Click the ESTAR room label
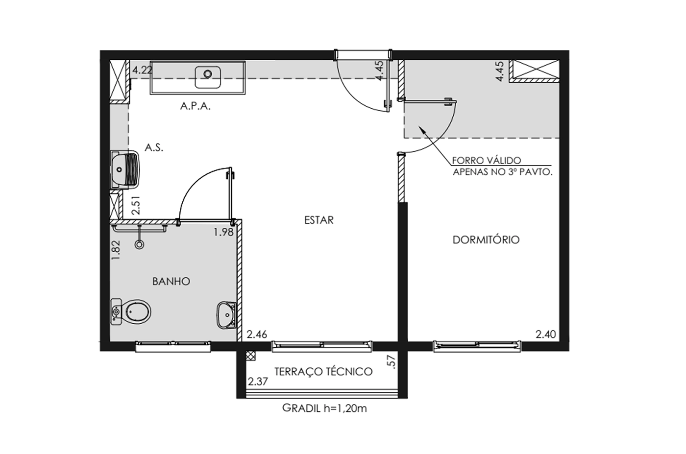point(319,220)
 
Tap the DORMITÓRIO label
point(486,239)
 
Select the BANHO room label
point(171,281)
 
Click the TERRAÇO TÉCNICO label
point(323,371)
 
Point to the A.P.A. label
point(196,106)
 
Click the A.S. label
point(154,148)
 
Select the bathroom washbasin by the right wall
point(226,315)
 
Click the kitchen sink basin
point(208,77)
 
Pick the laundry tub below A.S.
point(125,169)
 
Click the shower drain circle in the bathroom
point(140,244)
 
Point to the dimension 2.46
point(257,335)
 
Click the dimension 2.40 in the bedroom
point(546,334)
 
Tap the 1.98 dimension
point(223,232)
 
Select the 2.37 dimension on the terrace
point(258,382)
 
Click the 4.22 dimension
point(142,70)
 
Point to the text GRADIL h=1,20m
point(324,408)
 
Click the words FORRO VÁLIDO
point(487,160)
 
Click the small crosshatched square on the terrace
point(250,356)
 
